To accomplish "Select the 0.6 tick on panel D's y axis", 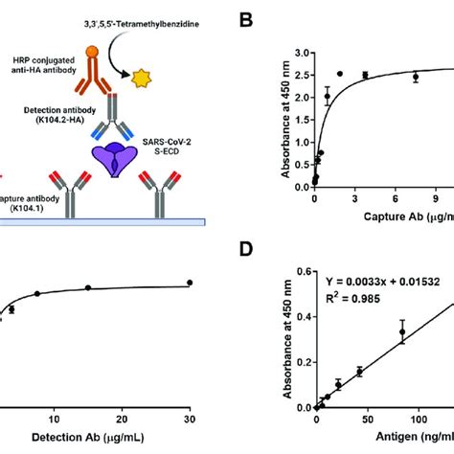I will (x=302, y=271).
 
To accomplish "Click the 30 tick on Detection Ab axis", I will (x=189, y=420).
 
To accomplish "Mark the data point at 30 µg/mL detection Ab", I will (x=190, y=283).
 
